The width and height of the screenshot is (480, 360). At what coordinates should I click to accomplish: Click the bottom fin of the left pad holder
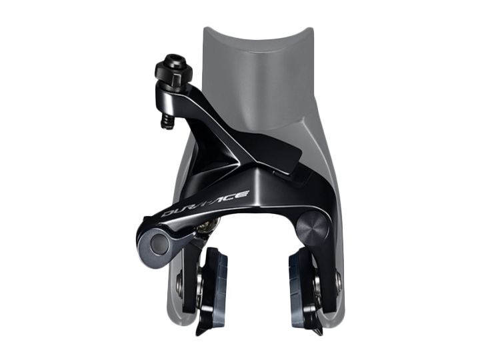pyautogui.click(x=203, y=327)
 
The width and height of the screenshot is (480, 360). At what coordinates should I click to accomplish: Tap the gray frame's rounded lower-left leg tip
pyautogui.click(x=175, y=313)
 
